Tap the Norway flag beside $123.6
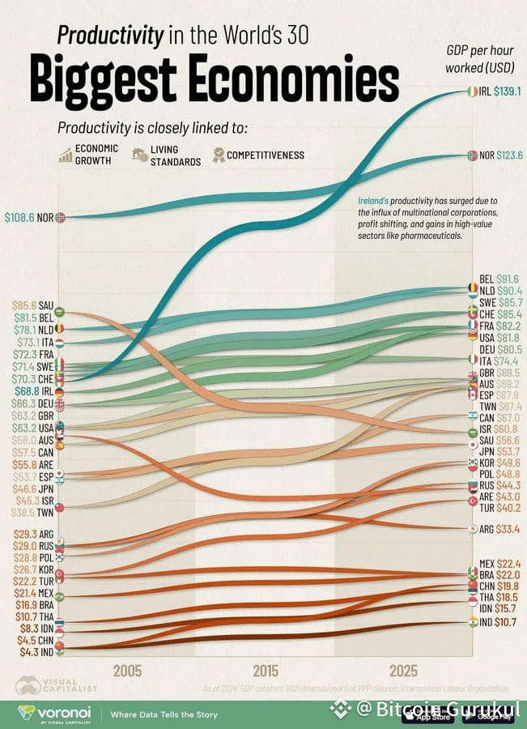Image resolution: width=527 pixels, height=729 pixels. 471,156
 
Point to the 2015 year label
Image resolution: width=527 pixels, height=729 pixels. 266,671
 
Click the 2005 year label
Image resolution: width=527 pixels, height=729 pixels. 128,671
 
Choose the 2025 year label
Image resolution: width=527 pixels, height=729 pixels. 404,671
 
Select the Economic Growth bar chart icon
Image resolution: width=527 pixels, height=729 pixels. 65,155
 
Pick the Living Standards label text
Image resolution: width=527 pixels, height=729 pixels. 174,156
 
